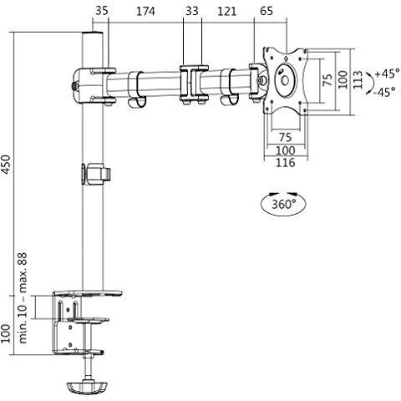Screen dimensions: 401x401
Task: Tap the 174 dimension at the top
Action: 145,12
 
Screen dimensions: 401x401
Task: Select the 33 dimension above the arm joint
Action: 192,12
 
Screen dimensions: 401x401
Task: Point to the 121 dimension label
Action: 226,12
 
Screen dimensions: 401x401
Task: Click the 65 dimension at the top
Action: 266,12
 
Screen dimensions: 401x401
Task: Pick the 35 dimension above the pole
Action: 102,12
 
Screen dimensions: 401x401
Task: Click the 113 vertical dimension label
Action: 358,80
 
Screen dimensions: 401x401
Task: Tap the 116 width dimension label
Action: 286,163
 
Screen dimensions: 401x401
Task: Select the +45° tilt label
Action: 387,74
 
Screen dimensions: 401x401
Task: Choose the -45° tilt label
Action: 385,92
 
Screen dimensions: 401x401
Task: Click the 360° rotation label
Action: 284,205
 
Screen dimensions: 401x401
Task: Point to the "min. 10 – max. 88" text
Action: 23,297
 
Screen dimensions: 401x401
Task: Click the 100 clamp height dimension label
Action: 6,333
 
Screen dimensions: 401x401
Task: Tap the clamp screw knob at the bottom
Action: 87,387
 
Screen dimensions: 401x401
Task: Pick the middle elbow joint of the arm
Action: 194,84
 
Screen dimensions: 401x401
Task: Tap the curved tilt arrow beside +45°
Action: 370,83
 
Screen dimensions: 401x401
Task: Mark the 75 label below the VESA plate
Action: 286,137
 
